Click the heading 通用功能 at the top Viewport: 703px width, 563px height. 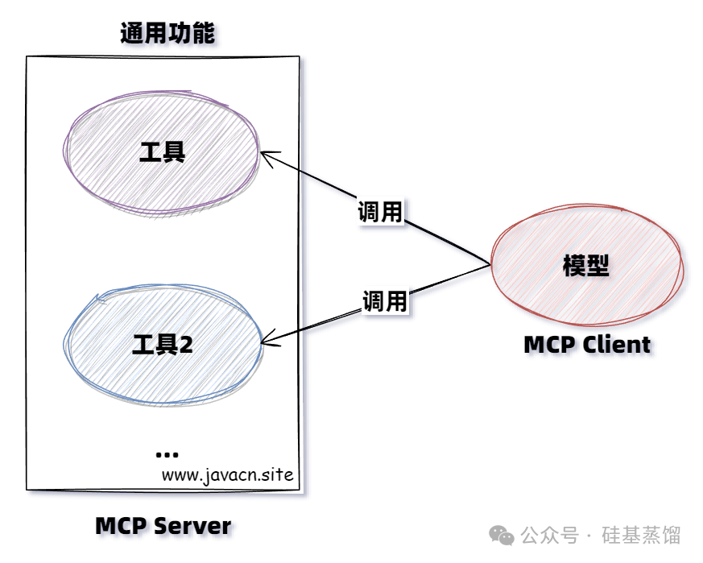(x=167, y=34)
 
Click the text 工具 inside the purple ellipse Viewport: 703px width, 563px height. (x=163, y=151)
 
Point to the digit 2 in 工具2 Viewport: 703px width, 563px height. (x=186, y=345)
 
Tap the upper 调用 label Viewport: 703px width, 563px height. (x=380, y=212)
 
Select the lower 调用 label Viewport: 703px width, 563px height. (x=384, y=302)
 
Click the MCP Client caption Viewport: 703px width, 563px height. (x=586, y=345)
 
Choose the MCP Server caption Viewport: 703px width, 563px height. (x=163, y=526)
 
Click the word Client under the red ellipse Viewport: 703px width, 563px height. (x=617, y=345)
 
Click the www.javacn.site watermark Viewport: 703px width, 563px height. (x=227, y=474)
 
